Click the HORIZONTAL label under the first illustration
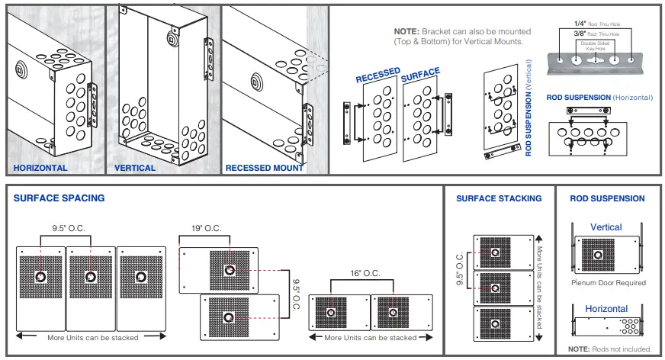point(40,168)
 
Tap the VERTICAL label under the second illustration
point(135,168)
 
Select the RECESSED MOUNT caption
point(265,168)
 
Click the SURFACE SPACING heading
point(59,198)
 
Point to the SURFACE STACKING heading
point(499,198)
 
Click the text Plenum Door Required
point(608,283)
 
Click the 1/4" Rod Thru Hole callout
point(586,25)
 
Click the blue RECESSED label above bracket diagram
point(377,75)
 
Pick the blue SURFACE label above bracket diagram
point(420,73)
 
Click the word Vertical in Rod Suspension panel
point(606,227)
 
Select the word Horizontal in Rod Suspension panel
point(606,309)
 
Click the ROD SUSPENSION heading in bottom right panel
point(607,198)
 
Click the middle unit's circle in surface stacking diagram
point(496,288)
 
